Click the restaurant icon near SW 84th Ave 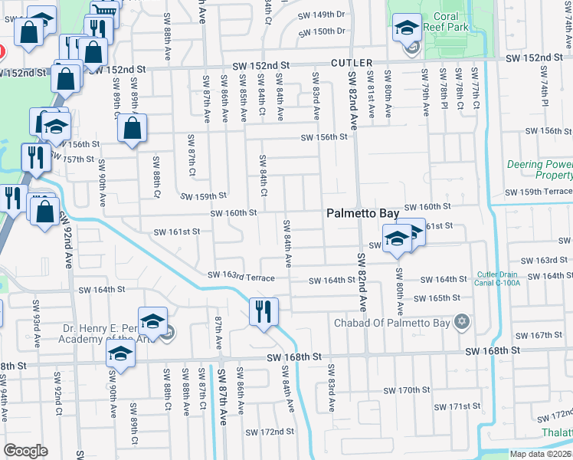(264, 311)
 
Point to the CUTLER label (352, 62)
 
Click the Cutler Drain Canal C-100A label (499, 278)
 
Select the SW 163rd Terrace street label (241, 277)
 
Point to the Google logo (26, 450)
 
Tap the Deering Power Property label (539, 170)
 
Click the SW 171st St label (458, 406)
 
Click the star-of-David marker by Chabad (461, 320)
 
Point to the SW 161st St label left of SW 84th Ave (177, 231)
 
